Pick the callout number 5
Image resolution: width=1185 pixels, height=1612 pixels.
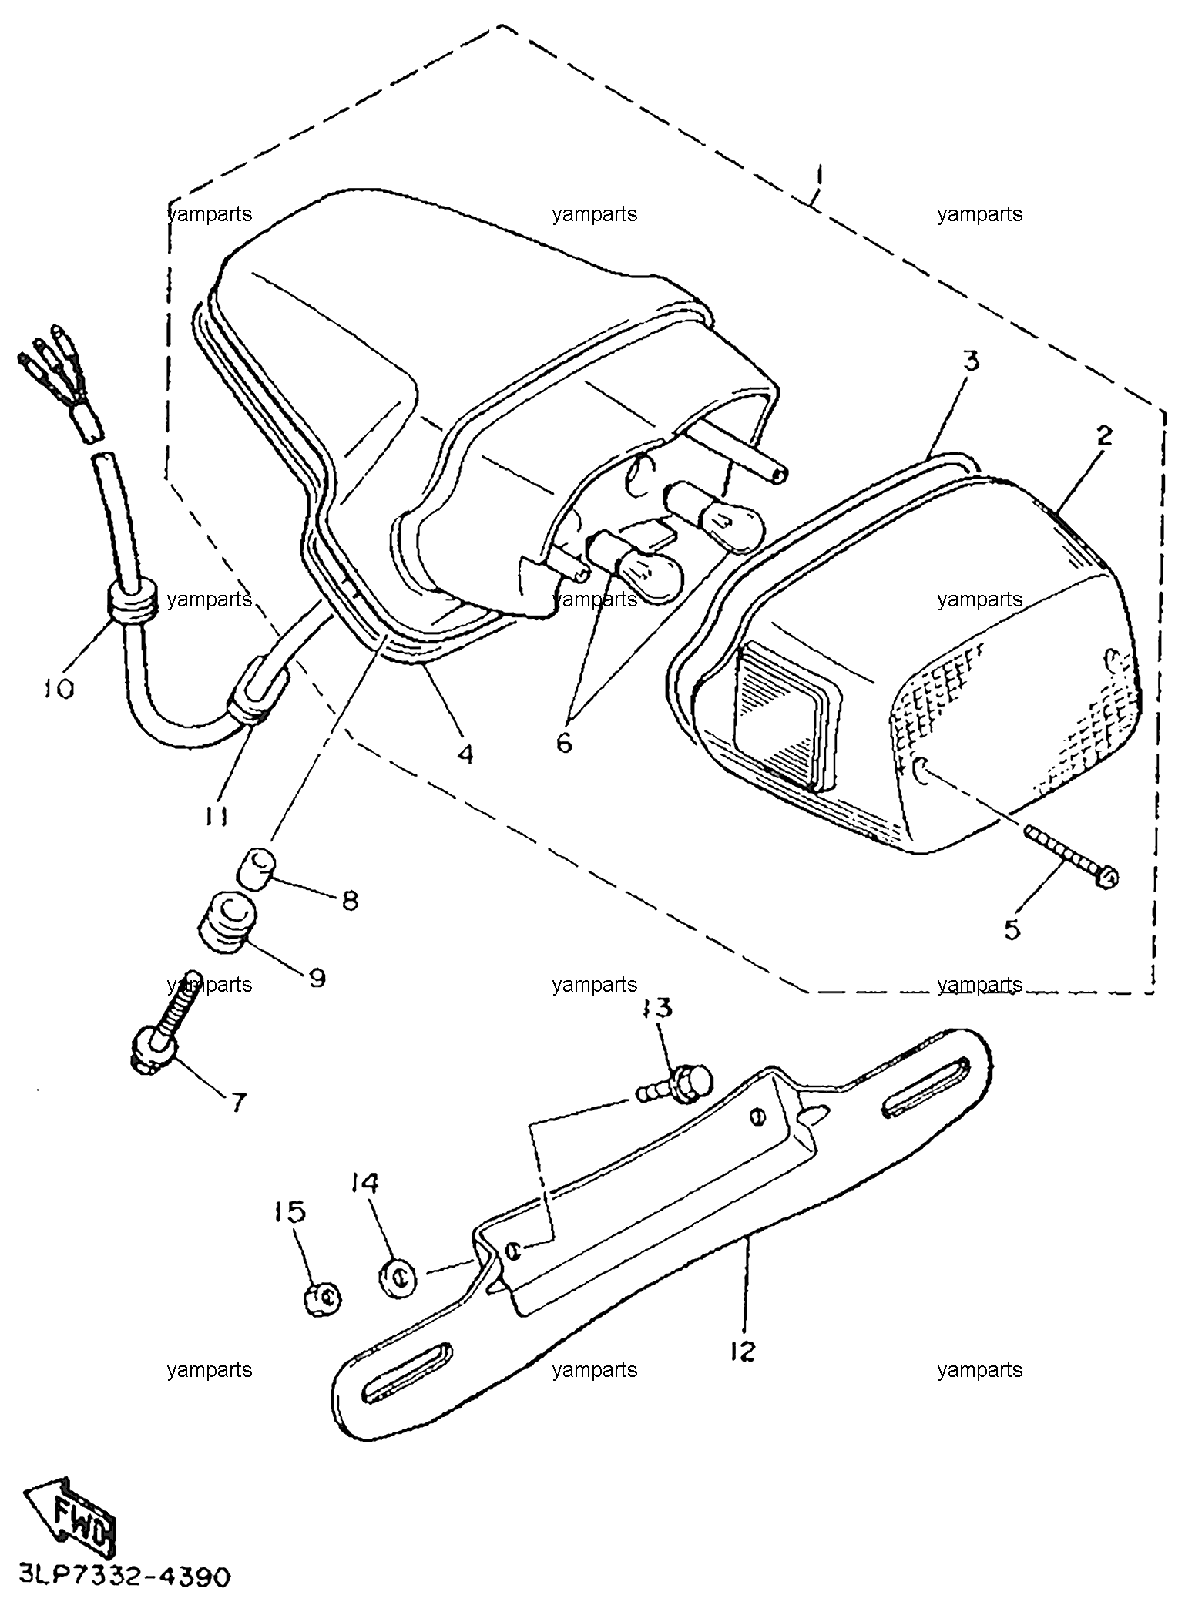(1012, 929)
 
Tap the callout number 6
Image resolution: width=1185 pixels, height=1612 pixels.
(564, 743)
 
